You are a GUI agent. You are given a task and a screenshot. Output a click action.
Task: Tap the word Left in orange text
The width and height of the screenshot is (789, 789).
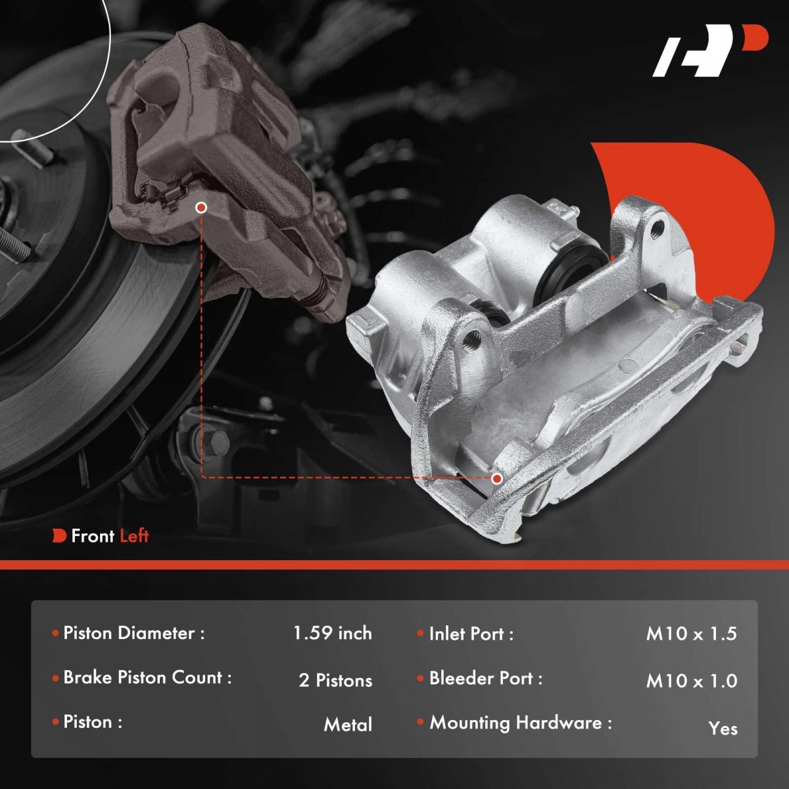tap(135, 536)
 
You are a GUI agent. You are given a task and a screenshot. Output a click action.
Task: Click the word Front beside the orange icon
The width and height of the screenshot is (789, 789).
tap(93, 536)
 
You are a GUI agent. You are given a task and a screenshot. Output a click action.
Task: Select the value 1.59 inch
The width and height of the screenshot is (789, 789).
tap(333, 633)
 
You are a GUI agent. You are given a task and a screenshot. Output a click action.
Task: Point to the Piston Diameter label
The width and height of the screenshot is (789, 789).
tap(133, 633)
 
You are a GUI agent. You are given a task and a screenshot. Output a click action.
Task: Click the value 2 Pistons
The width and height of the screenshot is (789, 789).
tap(335, 681)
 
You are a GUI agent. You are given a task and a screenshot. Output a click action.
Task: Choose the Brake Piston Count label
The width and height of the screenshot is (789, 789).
tap(147, 678)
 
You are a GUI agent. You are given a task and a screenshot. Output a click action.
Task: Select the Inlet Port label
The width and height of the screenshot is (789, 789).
tap(471, 634)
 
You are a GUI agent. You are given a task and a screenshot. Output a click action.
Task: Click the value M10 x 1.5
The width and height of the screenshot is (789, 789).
tap(692, 634)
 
